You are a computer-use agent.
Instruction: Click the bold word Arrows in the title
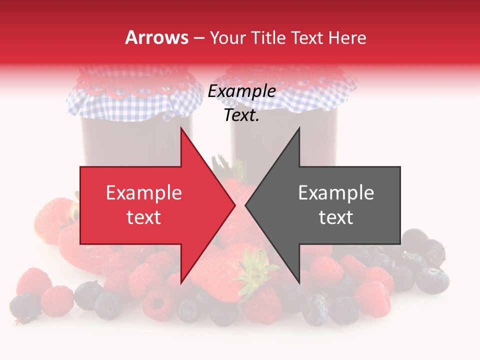coord(156,37)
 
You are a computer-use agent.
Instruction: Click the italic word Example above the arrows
coord(241,91)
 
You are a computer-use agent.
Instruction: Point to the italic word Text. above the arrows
coord(241,115)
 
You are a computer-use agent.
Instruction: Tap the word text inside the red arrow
coord(143,217)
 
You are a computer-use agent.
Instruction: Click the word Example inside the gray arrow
coord(336,193)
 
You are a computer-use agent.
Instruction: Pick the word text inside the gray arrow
coord(336,217)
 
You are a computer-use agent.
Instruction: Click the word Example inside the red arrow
coord(143,193)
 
